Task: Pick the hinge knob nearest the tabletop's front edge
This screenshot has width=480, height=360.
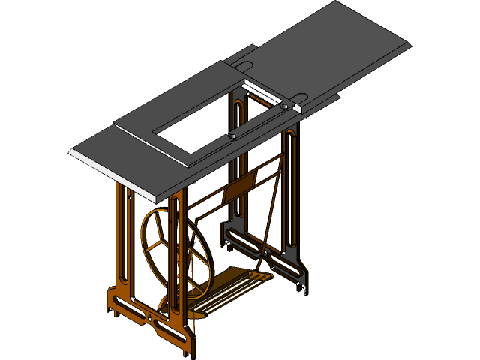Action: click(x=234, y=137)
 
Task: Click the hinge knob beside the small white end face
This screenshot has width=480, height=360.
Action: click(x=286, y=107)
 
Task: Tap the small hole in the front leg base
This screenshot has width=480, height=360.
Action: click(x=154, y=317)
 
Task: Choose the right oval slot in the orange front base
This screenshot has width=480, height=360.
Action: click(x=169, y=328)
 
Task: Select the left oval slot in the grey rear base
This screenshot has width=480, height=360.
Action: click(x=244, y=241)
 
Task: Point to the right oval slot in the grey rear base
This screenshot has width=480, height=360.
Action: click(x=286, y=265)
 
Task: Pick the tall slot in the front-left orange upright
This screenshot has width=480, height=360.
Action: click(x=127, y=240)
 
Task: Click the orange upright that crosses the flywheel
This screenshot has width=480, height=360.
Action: click(x=177, y=255)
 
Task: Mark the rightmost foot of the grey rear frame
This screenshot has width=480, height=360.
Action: click(x=304, y=285)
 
